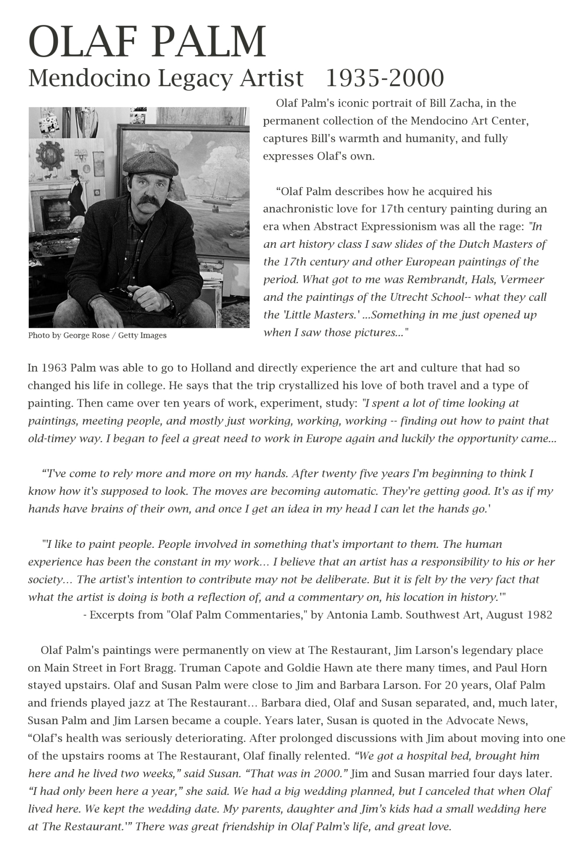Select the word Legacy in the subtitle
pyautogui.click(x=195, y=78)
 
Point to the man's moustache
pyautogui.click(x=148, y=201)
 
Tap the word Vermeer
pyautogui.click(x=522, y=279)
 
